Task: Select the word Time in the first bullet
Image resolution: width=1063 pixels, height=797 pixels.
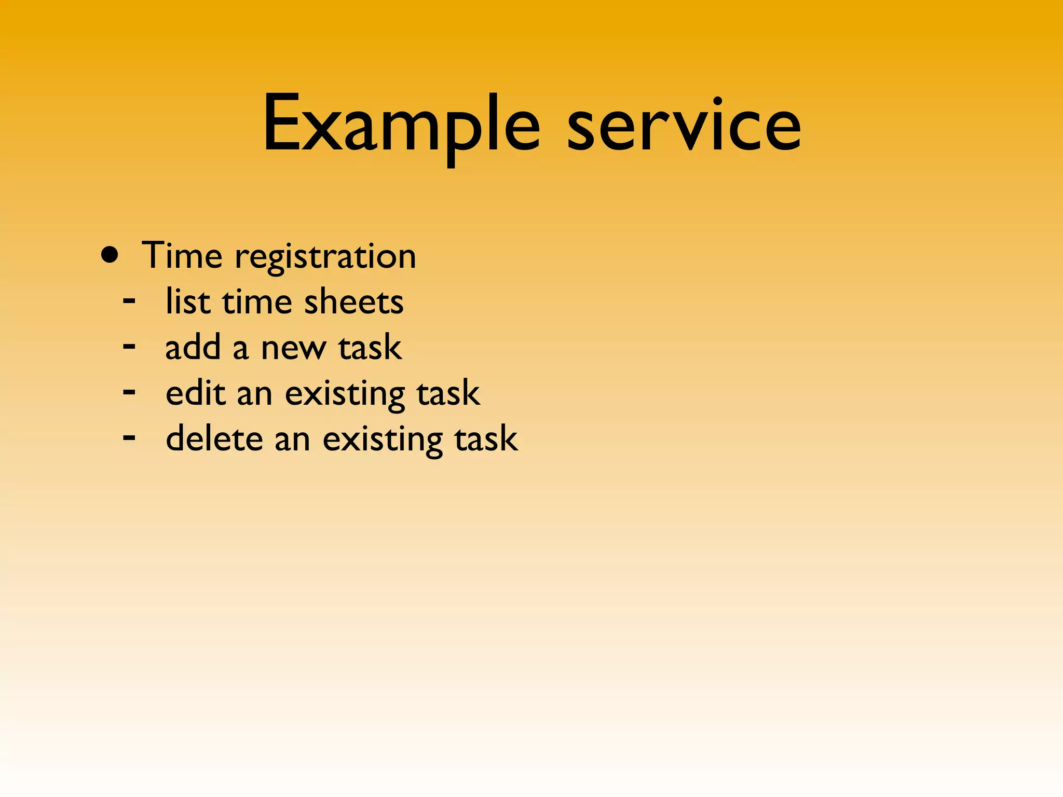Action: click(x=182, y=255)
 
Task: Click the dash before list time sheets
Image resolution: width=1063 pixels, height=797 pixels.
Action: click(x=129, y=300)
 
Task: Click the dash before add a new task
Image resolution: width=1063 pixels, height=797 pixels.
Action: click(x=129, y=346)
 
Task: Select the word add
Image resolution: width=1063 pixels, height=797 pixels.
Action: click(x=193, y=347)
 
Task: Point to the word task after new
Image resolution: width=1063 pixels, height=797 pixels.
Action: click(x=370, y=347)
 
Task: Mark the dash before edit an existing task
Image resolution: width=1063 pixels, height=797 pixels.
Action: click(x=129, y=391)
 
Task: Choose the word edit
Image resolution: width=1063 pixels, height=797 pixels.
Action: click(x=196, y=392)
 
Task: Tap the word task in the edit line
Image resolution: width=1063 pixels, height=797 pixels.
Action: click(x=448, y=392)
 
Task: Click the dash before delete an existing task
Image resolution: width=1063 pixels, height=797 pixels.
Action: click(x=129, y=437)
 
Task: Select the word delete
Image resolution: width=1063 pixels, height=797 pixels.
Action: click(x=214, y=438)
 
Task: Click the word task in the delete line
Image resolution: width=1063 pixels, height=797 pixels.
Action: click(x=486, y=438)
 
